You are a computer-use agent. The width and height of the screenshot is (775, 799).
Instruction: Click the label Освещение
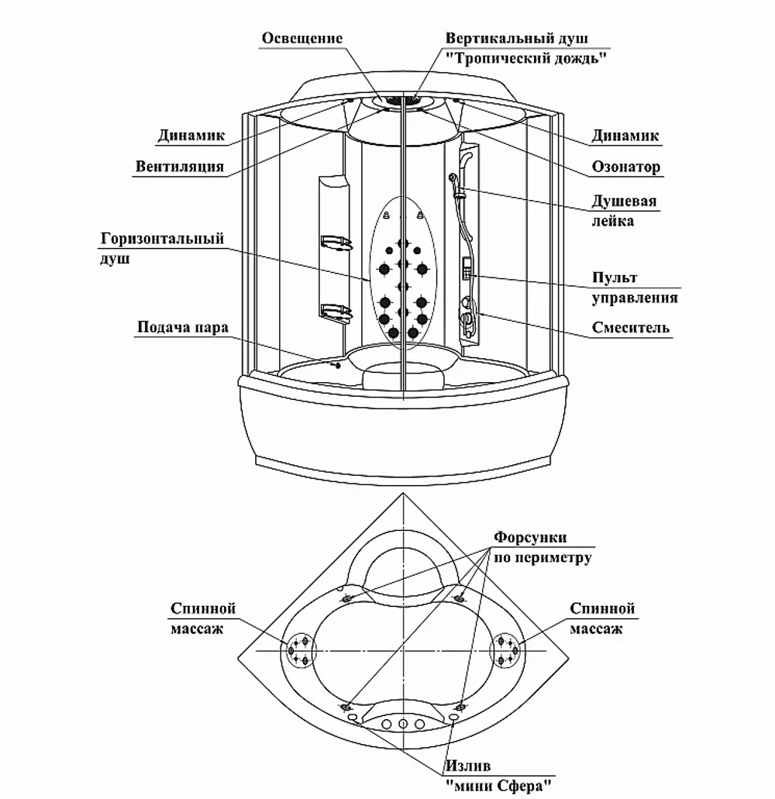[302, 38]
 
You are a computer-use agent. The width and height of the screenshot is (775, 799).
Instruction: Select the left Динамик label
[191, 136]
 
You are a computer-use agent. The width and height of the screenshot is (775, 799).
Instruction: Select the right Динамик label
[625, 136]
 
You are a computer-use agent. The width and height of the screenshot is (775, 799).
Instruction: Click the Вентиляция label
[179, 167]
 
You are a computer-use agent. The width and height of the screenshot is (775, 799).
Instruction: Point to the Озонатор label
[625, 167]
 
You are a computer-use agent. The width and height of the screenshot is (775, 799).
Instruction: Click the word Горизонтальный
[162, 239]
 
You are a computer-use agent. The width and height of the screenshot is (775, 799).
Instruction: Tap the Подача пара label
[182, 327]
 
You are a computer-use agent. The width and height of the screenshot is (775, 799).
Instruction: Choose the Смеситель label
[630, 327]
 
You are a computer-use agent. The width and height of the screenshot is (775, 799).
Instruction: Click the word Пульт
[615, 277]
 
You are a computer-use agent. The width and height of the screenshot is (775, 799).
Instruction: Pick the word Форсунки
[530, 537]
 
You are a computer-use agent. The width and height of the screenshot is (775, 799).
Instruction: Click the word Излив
[468, 766]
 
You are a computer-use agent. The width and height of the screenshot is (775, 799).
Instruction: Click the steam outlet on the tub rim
[336, 365]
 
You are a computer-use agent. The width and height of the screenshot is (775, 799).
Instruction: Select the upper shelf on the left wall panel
[336, 243]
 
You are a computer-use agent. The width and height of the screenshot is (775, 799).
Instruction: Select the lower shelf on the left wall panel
[336, 310]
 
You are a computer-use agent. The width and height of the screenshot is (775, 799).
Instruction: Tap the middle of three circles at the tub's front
[403, 724]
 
